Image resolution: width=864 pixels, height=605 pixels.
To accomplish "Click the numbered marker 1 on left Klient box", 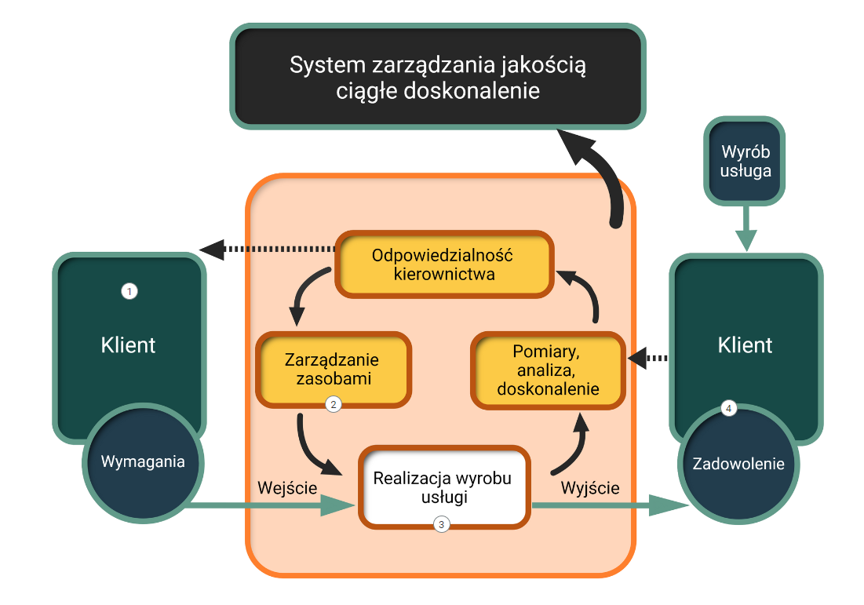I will (129, 291).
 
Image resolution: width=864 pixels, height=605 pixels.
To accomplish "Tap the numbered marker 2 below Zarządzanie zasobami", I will (334, 405).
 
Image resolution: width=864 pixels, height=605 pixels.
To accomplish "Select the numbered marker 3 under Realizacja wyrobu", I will (442, 524).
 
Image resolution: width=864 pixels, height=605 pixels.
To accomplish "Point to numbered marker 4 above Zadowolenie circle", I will (729, 409).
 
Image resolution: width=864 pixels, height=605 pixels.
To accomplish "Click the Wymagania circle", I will (143, 462).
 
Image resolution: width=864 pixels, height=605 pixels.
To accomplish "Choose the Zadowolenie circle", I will (738, 464).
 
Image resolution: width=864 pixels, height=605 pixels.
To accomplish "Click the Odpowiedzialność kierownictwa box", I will (443, 264).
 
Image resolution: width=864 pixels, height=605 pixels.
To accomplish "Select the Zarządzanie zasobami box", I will (334, 369).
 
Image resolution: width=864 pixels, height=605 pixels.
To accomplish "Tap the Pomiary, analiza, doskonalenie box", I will (548, 370).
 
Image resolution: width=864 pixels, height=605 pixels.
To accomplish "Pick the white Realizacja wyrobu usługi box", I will (443, 487).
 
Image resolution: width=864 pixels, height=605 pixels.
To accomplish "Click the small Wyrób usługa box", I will (746, 161).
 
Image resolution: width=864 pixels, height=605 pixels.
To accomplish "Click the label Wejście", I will (287, 488).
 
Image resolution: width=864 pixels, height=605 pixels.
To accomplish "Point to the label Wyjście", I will (590, 488).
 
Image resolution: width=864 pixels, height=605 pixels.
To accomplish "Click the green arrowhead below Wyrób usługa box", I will (746, 240).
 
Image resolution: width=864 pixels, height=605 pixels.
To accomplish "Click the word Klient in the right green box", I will (746, 345).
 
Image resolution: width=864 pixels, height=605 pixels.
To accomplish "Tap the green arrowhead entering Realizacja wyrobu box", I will (337, 506).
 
